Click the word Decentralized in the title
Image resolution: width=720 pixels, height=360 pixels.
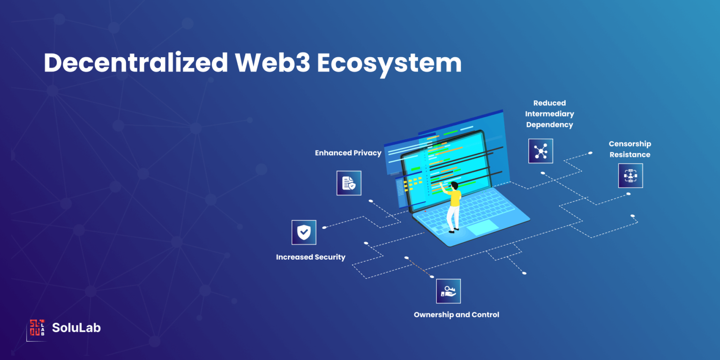point(135,62)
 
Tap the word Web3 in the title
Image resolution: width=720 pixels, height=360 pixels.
point(272,62)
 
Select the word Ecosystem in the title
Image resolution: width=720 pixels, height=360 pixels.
point(389,64)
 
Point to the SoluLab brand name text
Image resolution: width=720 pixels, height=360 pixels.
point(76,328)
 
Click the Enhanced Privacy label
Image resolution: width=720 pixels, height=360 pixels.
point(348,153)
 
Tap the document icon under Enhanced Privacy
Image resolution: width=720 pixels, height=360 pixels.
point(349,183)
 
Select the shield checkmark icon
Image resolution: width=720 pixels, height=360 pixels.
point(304,232)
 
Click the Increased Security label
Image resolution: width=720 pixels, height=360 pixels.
point(310,257)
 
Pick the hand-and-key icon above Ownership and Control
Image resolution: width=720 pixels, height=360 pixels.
point(449,291)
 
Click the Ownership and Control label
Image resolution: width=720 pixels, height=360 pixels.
point(457,315)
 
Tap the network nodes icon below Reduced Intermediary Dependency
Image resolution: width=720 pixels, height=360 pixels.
point(540,151)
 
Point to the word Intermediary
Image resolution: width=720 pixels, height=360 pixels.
point(550,114)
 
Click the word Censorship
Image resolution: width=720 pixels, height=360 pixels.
point(630,144)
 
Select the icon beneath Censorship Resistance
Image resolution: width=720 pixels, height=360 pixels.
point(630,175)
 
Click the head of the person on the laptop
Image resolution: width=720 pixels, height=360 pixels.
point(454,186)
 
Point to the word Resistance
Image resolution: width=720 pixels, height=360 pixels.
point(630,155)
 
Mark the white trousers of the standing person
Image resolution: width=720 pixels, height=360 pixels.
point(453,217)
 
